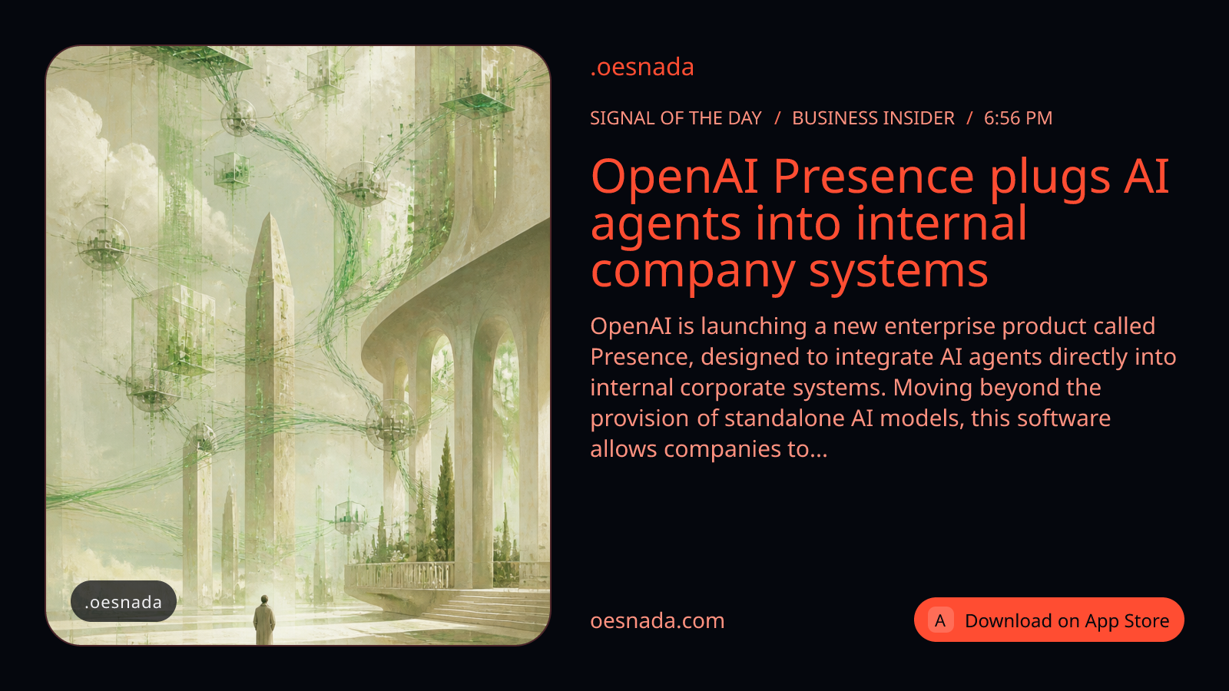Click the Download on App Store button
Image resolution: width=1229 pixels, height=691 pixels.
pyautogui.click(x=1048, y=620)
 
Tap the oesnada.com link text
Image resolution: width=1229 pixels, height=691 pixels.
pyautogui.click(x=658, y=621)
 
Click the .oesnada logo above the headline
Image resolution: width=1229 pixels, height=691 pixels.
pyautogui.click(x=642, y=67)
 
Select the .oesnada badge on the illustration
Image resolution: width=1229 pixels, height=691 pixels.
pyautogui.click(x=124, y=602)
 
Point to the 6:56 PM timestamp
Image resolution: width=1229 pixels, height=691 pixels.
pyautogui.click(x=1018, y=118)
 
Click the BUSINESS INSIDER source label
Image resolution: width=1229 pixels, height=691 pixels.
pyautogui.click(x=873, y=118)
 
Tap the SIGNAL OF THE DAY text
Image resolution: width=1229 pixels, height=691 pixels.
pyautogui.click(x=676, y=118)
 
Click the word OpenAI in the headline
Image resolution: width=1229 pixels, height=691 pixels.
pyautogui.click(x=674, y=177)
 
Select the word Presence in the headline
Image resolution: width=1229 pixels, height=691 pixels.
pyautogui.click(x=873, y=177)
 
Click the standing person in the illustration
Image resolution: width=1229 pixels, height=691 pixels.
pyautogui.click(x=264, y=619)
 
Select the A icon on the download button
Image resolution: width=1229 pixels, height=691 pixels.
pyautogui.click(x=940, y=620)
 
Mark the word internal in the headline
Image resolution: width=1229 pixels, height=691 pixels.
pyautogui.click(x=940, y=223)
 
